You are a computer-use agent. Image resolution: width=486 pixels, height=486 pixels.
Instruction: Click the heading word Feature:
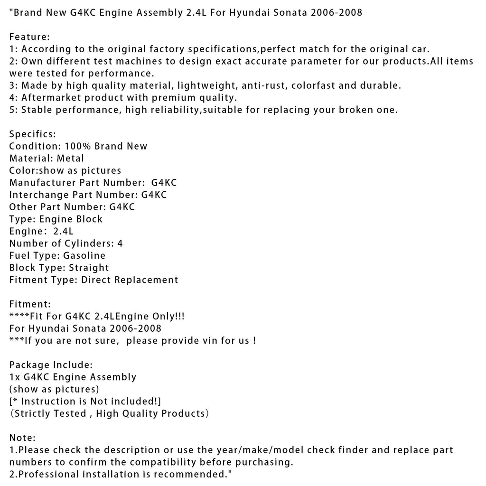tap(29, 37)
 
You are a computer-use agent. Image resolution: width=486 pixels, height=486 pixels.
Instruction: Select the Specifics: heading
tap(32, 134)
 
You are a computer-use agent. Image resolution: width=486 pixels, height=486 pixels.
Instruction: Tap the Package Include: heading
tap(51, 365)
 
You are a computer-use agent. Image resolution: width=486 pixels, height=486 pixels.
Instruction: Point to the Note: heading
tap(22, 438)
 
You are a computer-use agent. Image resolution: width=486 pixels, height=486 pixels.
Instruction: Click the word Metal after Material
tap(70, 158)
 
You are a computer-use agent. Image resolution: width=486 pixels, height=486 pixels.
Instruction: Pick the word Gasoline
tap(84, 255)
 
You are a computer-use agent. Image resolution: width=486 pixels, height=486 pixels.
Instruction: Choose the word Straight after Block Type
tap(89, 268)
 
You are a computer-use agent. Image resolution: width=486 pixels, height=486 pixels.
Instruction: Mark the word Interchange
tap(38, 195)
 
